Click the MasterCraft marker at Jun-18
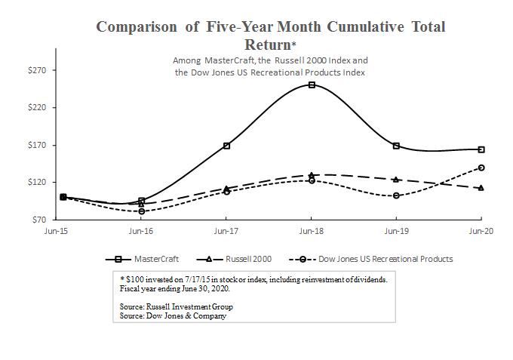click(x=312, y=85)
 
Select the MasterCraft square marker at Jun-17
click(x=226, y=146)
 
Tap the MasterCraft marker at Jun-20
click(x=481, y=149)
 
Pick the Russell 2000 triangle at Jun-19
click(x=396, y=179)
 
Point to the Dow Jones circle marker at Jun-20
click(x=481, y=168)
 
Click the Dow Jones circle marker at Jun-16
click(x=141, y=211)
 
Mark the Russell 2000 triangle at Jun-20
click(x=481, y=187)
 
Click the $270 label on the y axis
click(x=36, y=70)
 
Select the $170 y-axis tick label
click(x=36, y=145)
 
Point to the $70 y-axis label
click(x=38, y=220)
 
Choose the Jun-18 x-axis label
click(x=312, y=231)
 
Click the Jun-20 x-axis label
click(x=481, y=231)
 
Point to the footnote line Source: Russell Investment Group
click(x=176, y=307)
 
